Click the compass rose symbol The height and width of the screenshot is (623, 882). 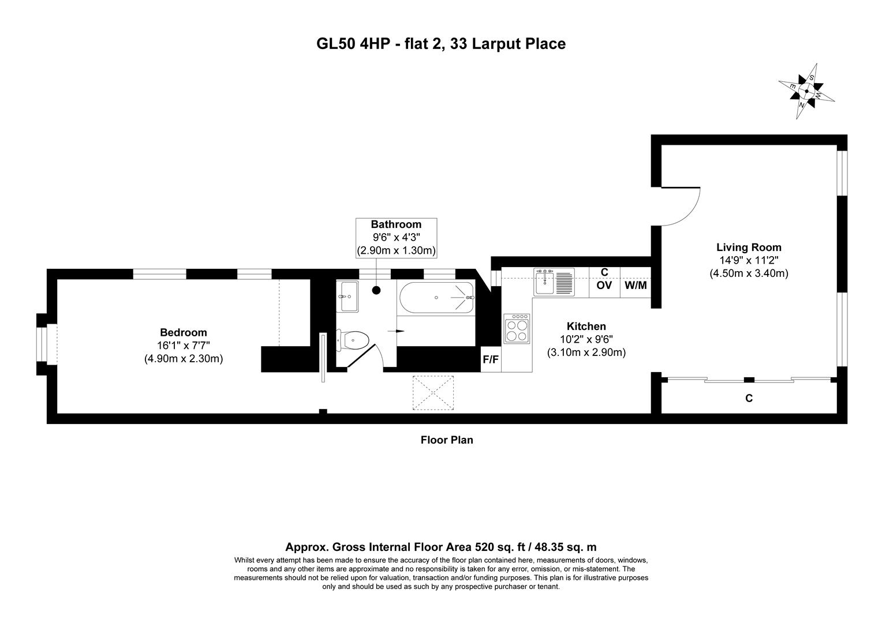pos(806,91)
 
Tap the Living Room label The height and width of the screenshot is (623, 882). pos(749,247)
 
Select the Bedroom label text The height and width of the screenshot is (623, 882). pos(183,332)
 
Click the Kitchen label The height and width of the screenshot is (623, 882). pos(586,326)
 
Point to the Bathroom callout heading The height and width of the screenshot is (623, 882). pos(396,224)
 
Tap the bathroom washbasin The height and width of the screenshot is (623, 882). pos(348,296)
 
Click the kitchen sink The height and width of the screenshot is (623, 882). pos(554,282)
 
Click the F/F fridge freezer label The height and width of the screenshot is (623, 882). pos(491,360)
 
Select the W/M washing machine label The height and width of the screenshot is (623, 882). pos(636,285)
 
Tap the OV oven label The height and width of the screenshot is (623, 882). pos(604,285)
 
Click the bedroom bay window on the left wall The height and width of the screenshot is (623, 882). pos(44,344)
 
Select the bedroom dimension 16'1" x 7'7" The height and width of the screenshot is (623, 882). pos(183,346)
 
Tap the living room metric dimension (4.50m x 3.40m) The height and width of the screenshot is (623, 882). pos(749,273)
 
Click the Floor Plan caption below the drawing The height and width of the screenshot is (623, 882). pos(446,440)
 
